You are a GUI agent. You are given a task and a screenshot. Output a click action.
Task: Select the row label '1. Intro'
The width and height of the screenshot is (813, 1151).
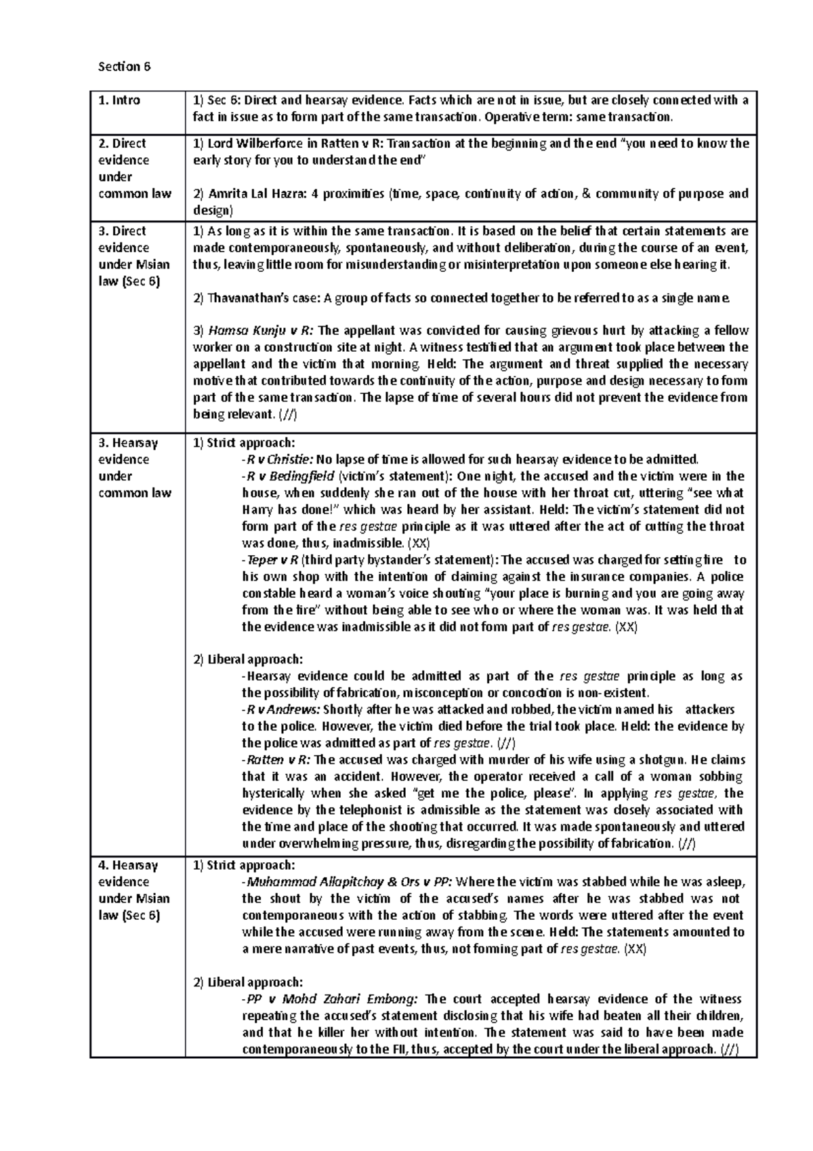click(x=119, y=100)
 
